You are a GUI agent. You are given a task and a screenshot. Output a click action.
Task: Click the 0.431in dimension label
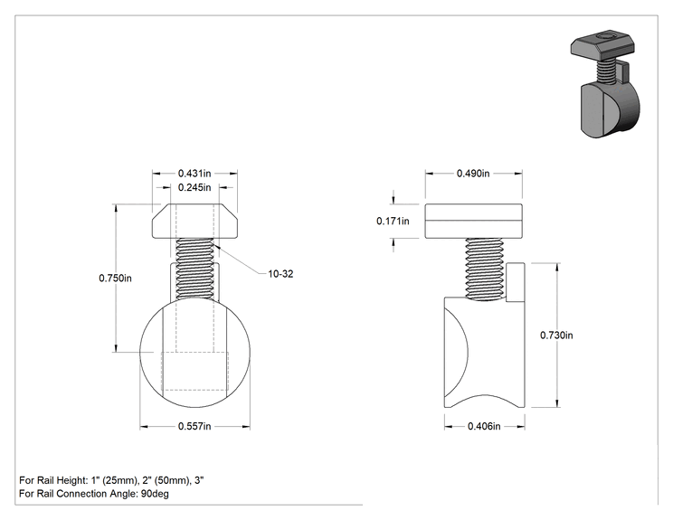point(194,174)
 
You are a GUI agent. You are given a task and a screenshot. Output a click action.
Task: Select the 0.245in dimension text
point(194,187)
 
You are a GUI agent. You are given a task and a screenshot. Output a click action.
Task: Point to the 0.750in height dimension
point(115,278)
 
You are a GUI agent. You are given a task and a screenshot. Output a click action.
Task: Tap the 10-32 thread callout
point(280,274)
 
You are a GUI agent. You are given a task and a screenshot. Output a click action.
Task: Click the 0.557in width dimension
point(194,426)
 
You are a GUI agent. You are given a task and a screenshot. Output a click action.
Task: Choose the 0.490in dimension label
point(473,174)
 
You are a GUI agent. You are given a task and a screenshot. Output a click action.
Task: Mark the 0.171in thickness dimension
point(393,221)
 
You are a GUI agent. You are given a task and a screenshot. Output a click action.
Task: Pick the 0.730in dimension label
point(556,336)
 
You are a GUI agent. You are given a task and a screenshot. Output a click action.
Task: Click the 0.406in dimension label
point(484,426)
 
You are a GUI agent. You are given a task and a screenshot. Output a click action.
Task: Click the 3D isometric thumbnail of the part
point(605,84)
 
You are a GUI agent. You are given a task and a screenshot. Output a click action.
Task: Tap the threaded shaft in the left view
point(194,269)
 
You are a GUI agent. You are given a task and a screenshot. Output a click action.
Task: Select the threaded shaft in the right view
point(485,269)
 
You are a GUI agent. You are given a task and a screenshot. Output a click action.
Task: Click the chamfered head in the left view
point(194,221)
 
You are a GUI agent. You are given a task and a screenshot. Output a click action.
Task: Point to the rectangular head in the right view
point(473,221)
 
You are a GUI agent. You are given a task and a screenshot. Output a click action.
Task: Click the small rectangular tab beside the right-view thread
point(515,282)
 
